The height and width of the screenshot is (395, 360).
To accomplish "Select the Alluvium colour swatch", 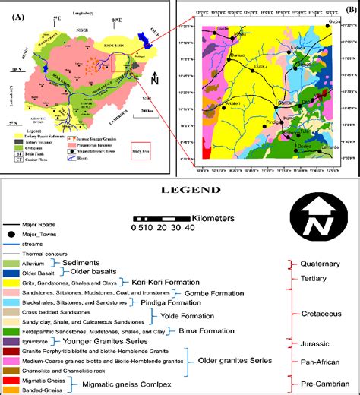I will click(11, 263).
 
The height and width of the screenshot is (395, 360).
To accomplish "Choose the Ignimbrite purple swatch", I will click(11, 341).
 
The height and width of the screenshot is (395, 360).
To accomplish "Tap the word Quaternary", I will click(321, 265).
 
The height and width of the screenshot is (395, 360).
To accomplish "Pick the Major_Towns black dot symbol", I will click(11, 234).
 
